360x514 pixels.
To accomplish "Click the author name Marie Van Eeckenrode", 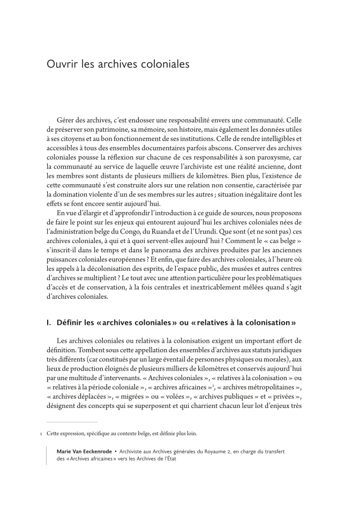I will [86, 451].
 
